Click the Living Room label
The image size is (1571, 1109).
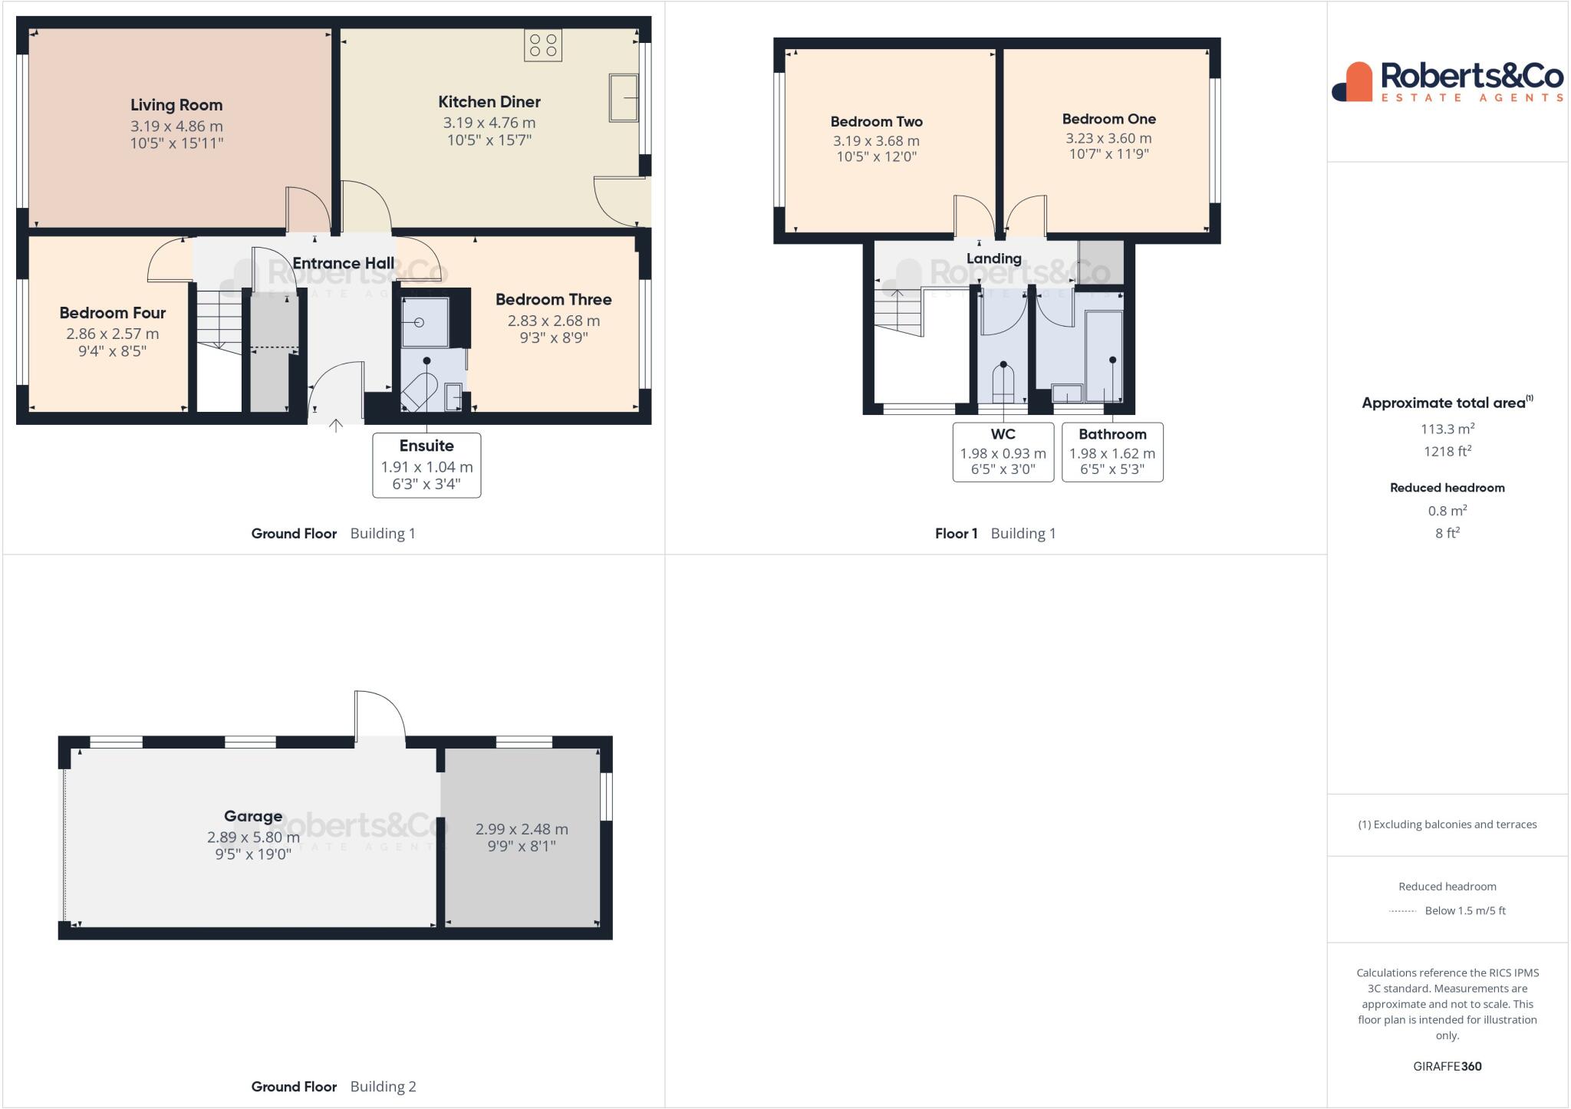coord(176,105)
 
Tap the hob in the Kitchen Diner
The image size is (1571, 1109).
coord(543,44)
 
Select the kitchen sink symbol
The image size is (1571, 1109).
coord(624,97)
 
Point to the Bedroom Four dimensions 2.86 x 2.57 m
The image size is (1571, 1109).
coord(113,334)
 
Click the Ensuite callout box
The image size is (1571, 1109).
coord(427,465)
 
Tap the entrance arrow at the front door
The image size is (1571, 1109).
coord(336,426)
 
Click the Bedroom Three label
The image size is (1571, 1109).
coord(553,299)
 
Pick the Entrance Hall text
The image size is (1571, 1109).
coord(343,263)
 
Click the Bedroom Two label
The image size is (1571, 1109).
coord(876,121)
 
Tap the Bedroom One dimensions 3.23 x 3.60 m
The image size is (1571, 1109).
coord(1108,138)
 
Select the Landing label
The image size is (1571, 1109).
coord(993,258)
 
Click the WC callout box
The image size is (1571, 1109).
coord(1003,452)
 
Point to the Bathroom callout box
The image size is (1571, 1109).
coord(1112,452)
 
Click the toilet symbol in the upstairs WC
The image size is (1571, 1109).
coord(1003,382)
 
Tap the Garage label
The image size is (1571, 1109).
coord(253,816)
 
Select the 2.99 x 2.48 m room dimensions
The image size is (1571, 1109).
coord(522,829)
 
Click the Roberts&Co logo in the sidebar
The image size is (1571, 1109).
coord(1447,82)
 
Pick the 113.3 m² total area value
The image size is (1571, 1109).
coord(1447,429)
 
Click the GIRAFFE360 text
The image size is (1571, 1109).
coord(1447,1066)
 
